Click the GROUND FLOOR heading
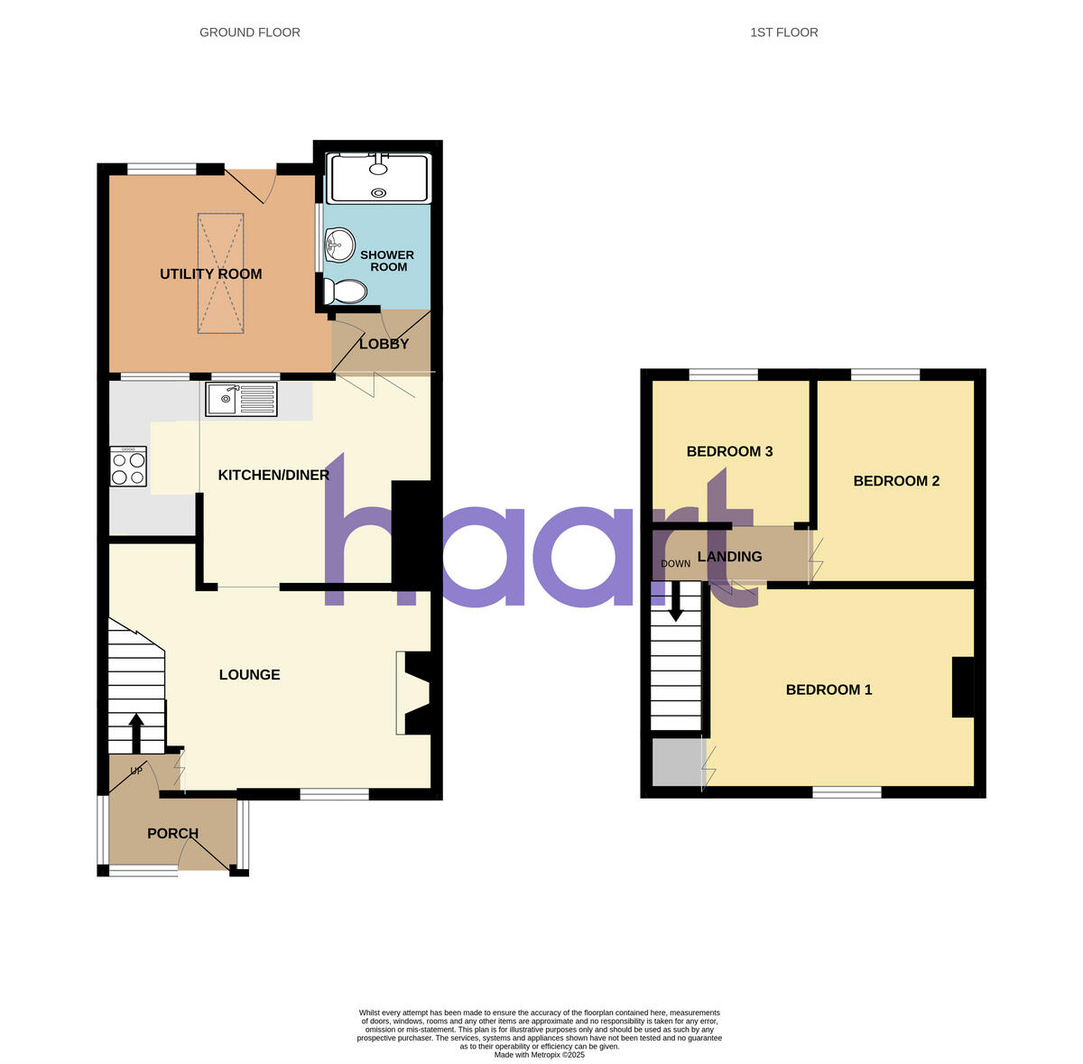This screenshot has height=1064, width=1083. pyautogui.click(x=250, y=32)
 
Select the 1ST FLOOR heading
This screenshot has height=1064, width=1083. pyautogui.click(x=783, y=32)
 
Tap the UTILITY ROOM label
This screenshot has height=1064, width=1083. pyautogui.click(x=210, y=274)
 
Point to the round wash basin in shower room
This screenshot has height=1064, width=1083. pyautogui.click(x=339, y=243)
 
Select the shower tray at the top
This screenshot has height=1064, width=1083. pyautogui.click(x=378, y=178)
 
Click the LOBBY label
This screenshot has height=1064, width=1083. pyautogui.click(x=384, y=344)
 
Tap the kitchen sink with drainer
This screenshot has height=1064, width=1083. pyautogui.click(x=241, y=399)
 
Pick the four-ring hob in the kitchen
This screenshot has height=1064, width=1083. pyautogui.click(x=127, y=467)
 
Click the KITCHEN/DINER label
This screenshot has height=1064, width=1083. pyautogui.click(x=273, y=476)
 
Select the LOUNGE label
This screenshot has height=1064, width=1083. pyautogui.click(x=249, y=675)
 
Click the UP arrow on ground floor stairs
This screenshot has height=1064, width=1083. pyautogui.click(x=136, y=732)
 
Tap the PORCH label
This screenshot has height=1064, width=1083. pyautogui.click(x=172, y=834)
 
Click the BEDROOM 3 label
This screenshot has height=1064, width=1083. pyautogui.click(x=729, y=452)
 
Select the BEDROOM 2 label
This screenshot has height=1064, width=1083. pyautogui.click(x=896, y=481)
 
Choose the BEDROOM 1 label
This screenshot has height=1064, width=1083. pyautogui.click(x=828, y=690)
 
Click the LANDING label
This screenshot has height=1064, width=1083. pyautogui.click(x=729, y=557)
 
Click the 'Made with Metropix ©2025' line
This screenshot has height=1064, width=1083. pyautogui.click(x=540, y=1055)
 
